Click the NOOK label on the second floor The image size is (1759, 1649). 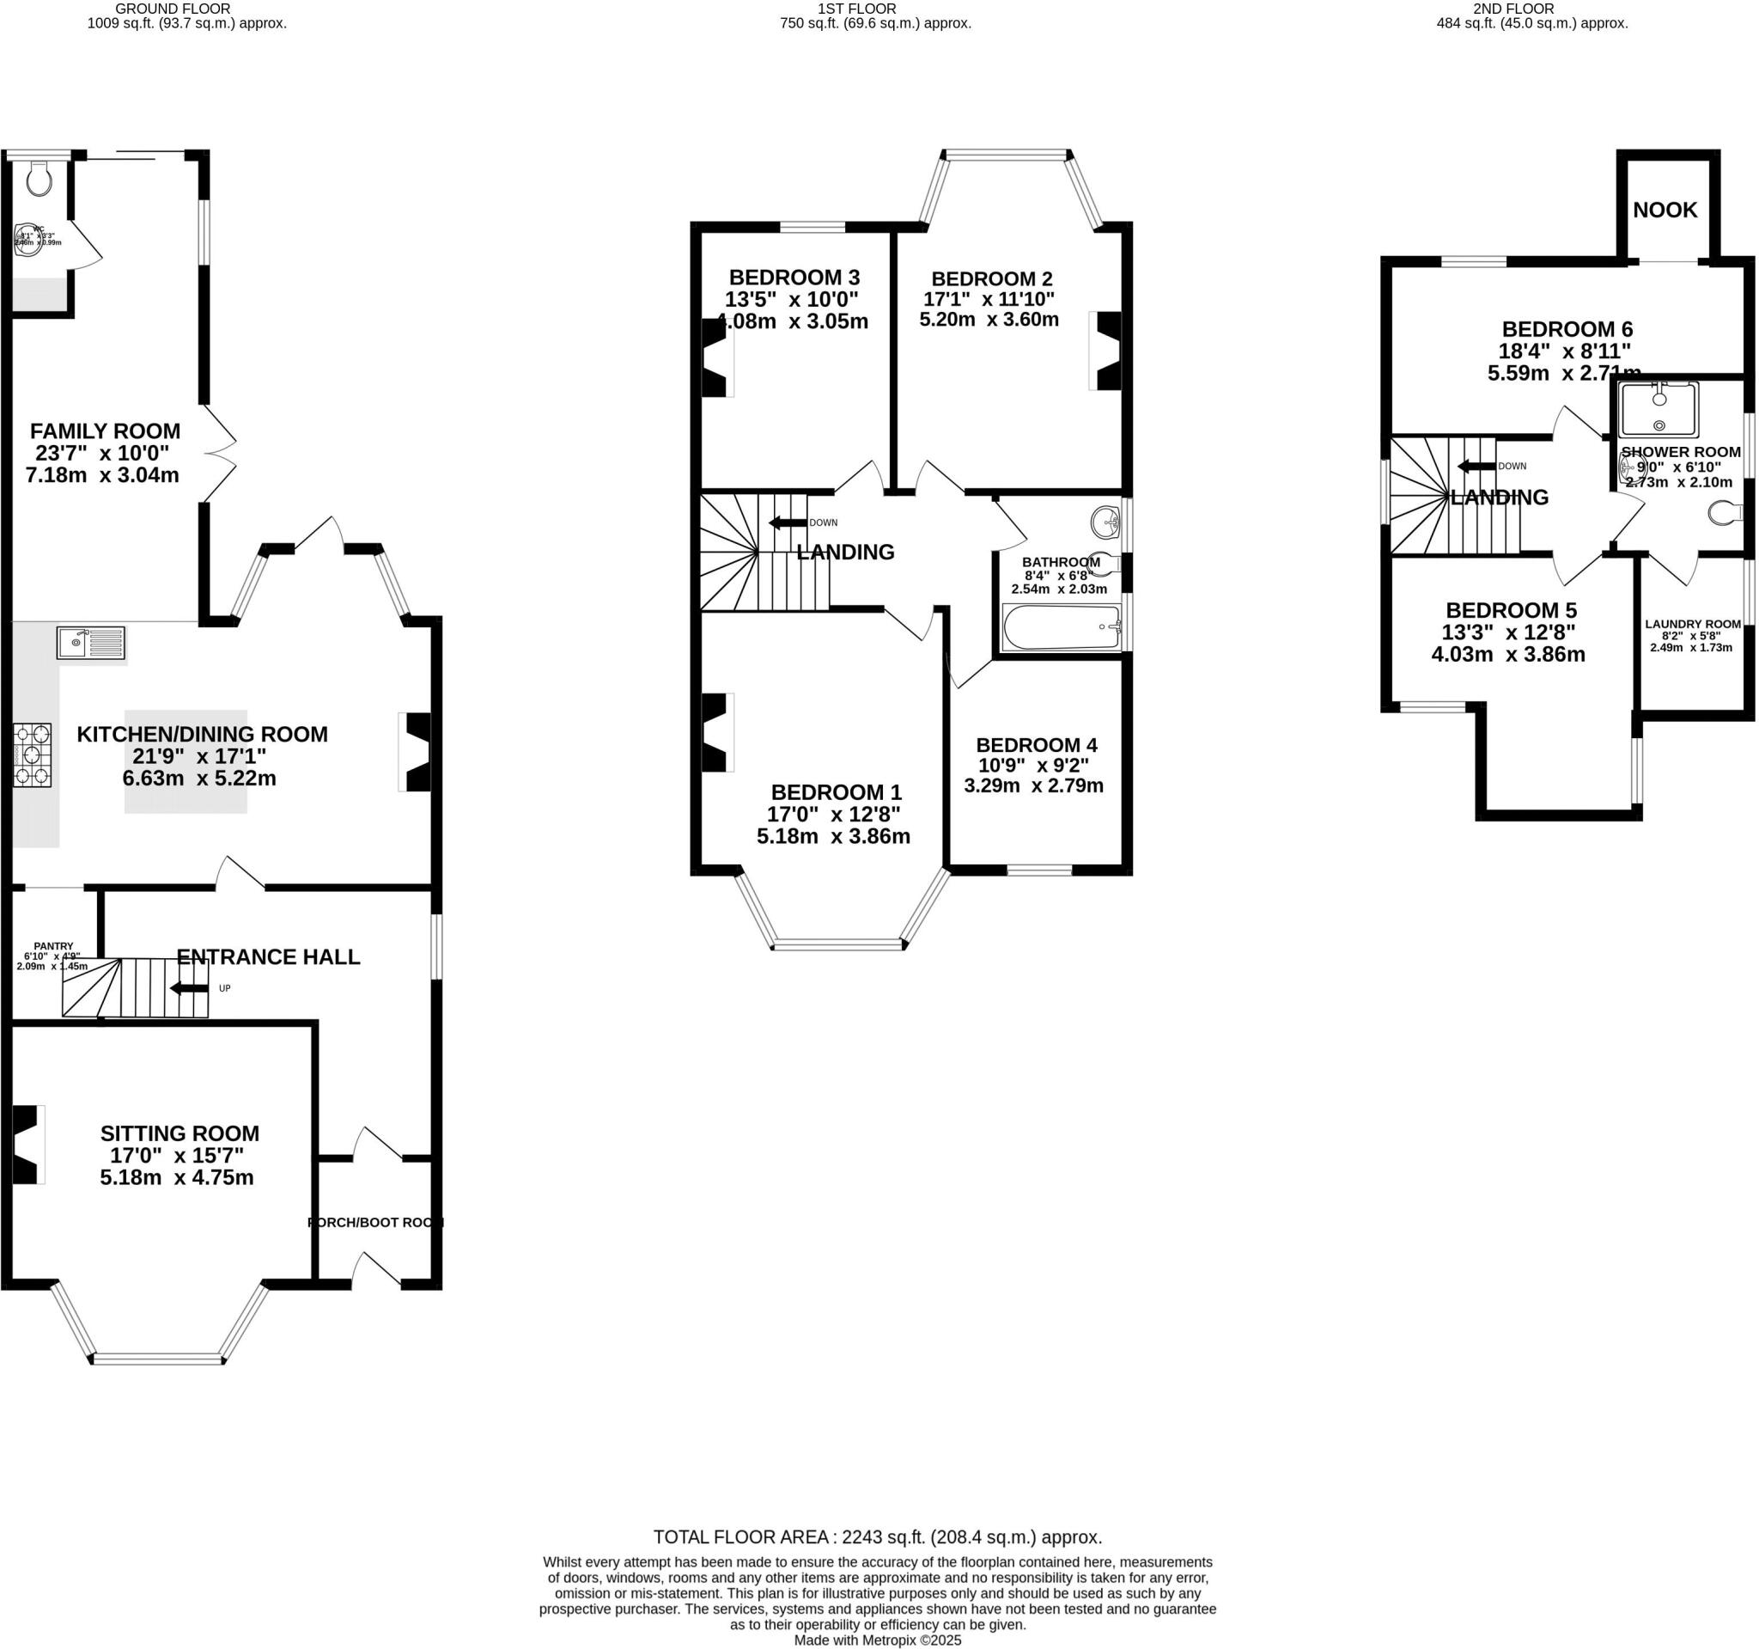coord(1665,210)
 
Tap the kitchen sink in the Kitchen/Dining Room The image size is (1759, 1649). coord(91,642)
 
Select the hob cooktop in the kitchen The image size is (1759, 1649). coord(32,755)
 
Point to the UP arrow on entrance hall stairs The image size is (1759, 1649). coord(188,988)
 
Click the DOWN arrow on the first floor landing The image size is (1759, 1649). coord(788,522)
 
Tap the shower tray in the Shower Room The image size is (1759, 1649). coord(1659,409)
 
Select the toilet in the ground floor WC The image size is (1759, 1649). coord(40,180)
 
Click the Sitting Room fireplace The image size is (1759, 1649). coord(27,1145)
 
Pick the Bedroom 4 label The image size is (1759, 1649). coord(1036,745)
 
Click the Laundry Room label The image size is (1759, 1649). coord(1693,624)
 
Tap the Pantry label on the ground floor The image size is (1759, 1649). coord(53,946)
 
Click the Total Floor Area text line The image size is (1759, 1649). coord(878,1536)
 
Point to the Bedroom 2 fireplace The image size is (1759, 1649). coord(1108,351)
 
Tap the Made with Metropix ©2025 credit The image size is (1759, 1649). coord(878,1640)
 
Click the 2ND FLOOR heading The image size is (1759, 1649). coord(1531,9)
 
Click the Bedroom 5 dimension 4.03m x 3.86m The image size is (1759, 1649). coord(1507,655)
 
